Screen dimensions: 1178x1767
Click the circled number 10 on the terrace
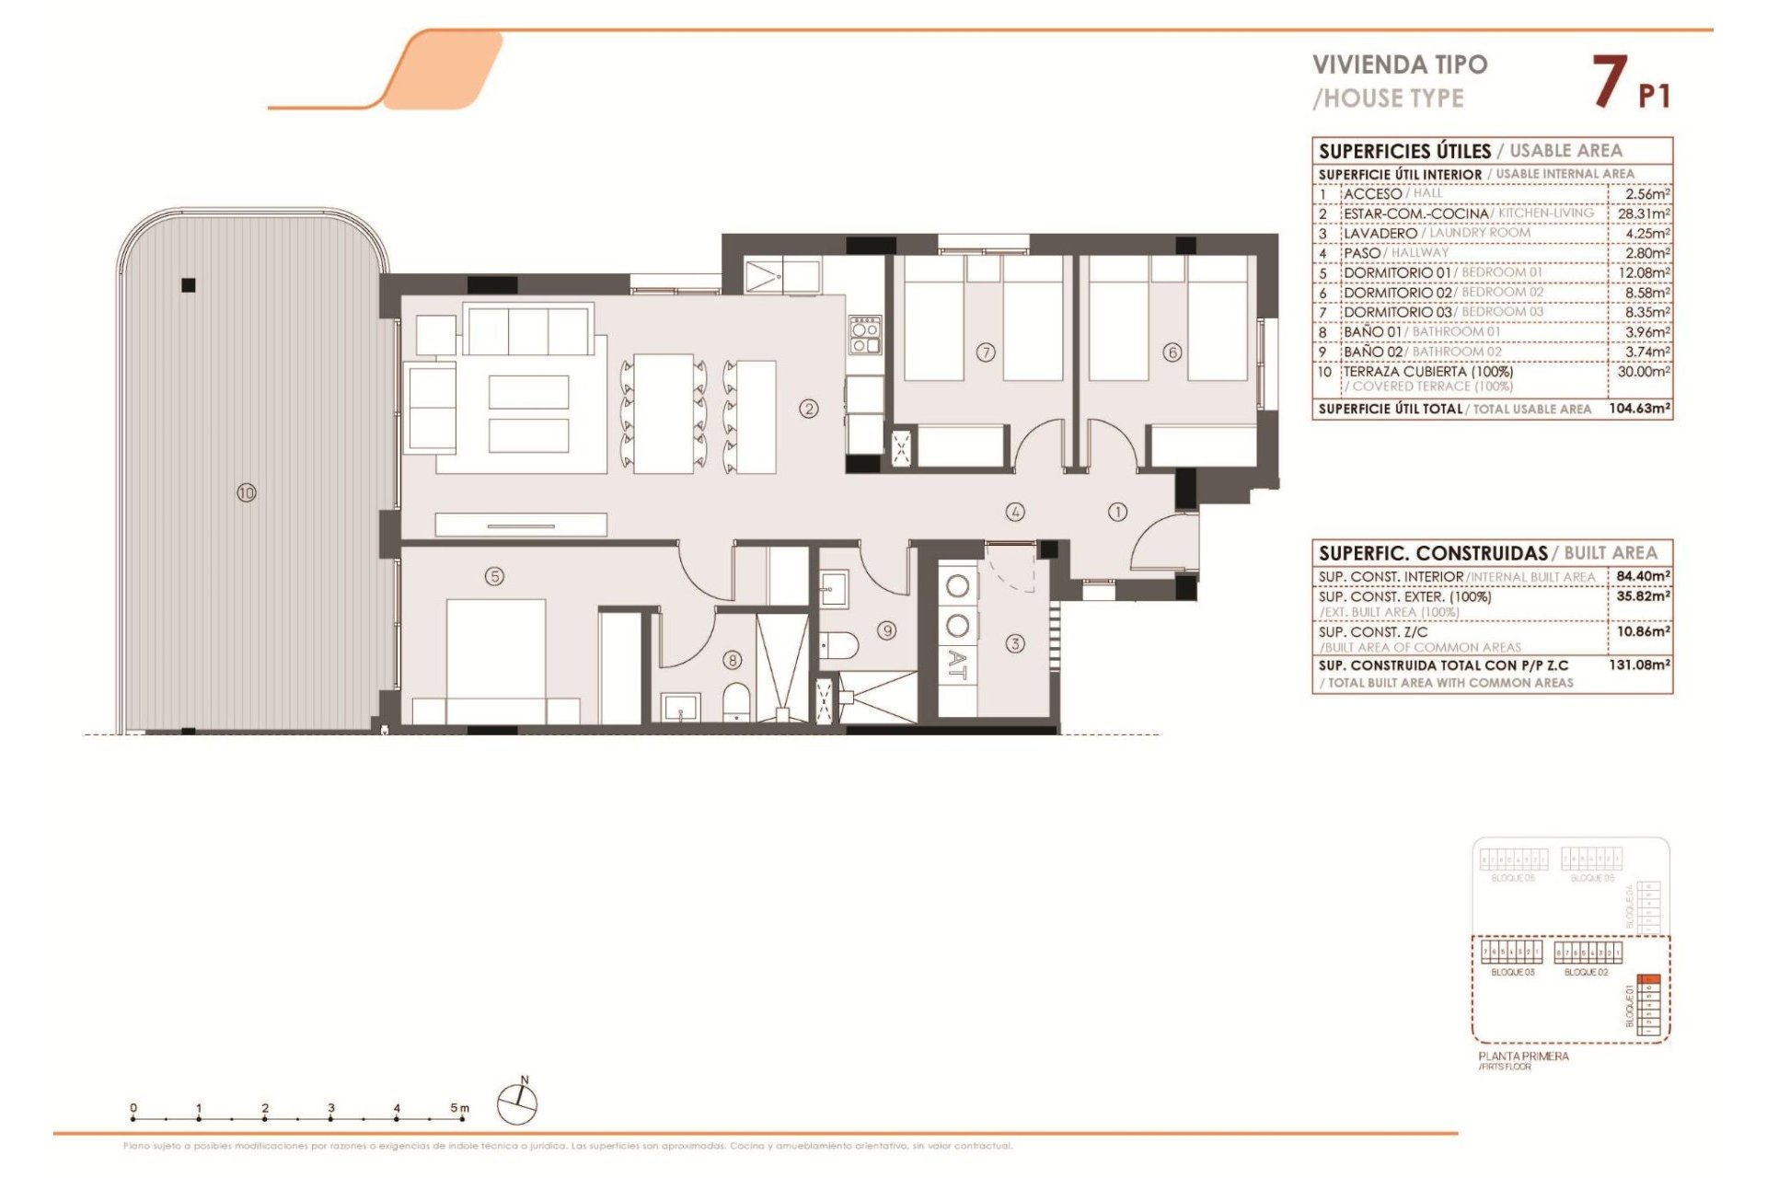[x=247, y=493]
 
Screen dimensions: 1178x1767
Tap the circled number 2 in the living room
[x=809, y=409]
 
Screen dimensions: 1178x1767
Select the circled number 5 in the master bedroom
[x=495, y=576]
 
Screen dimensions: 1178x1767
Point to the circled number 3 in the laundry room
[x=1015, y=643]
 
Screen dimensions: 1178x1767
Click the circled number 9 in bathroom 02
[x=886, y=630]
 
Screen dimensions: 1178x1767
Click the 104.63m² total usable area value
[x=1639, y=408]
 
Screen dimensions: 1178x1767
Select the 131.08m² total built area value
[x=1639, y=664]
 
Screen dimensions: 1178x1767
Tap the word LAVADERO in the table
[x=1380, y=234]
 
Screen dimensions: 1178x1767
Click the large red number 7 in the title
[x=1610, y=82]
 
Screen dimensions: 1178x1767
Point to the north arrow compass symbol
[x=517, y=1103]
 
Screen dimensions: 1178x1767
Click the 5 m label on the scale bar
[x=458, y=1108]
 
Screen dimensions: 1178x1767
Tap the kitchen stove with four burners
[x=865, y=335]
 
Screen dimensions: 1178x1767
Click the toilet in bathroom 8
[x=736, y=703]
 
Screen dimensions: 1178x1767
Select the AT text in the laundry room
[x=957, y=664]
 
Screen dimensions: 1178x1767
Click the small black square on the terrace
[x=189, y=285]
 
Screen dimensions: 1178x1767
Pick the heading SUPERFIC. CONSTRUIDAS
[x=1432, y=553]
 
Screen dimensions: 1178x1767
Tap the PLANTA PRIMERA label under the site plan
[x=1523, y=1056]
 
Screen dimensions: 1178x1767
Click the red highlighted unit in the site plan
[x=1649, y=979]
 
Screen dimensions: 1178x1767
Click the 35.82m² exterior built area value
[x=1643, y=596]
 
